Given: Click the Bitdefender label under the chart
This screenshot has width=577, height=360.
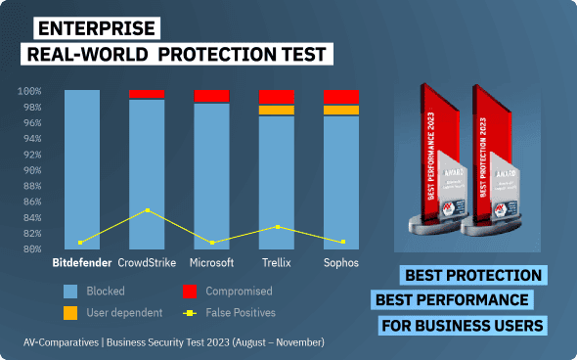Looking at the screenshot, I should pos(80,263).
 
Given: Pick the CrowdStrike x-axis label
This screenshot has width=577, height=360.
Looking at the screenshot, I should pos(147,263).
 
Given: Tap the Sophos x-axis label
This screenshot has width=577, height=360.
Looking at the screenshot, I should pos(341,263).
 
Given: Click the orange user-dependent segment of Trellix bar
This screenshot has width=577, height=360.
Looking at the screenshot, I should pos(277,110).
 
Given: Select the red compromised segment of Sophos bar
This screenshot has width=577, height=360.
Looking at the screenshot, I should pos(341,96).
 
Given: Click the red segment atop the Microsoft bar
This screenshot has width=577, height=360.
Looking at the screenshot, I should pos(211,96).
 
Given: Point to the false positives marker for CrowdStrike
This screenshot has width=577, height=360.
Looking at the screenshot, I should pos(147,210).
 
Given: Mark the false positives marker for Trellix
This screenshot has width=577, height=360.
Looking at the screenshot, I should pos(277,227).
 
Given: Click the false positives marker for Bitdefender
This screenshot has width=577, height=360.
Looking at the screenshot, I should pos(80,242).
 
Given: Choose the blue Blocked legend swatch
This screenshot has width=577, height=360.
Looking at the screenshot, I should pos(69,292).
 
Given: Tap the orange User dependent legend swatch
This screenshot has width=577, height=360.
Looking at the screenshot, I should pos(69,313).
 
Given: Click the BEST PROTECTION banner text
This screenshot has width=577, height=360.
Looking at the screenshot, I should pos(472,275).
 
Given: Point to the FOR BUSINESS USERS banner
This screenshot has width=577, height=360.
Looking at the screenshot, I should pos(462,325).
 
